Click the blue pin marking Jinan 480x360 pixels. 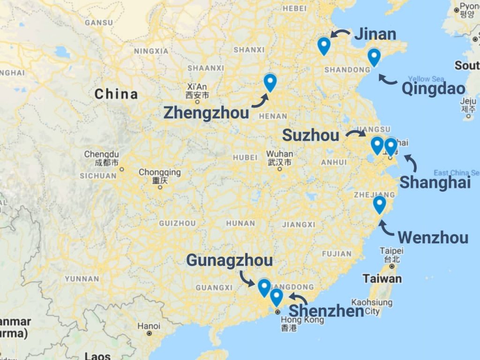point(323,45)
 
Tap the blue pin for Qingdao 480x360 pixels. point(374,57)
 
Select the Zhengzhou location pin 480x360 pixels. point(270,82)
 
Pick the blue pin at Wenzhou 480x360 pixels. point(379,204)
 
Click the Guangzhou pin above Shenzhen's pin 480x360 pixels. point(264,287)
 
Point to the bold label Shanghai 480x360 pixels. point(435,182)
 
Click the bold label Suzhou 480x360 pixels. point(310,136)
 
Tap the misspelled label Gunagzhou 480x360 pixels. point(229,261)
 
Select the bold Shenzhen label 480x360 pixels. point(326,311)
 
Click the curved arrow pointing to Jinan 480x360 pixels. point(340,33)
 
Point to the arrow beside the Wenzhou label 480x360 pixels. point(387,228)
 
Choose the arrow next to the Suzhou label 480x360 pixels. point(356,134)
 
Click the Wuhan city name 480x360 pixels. point(280,154)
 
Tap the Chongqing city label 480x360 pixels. point(159,172)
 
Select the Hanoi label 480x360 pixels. point(149,326)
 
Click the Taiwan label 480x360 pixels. point(382,279)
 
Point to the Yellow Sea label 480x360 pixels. point(426,79)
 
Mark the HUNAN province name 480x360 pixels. point(240,224)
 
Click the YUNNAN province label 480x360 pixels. point(82,279)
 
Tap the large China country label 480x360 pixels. point(116,94)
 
